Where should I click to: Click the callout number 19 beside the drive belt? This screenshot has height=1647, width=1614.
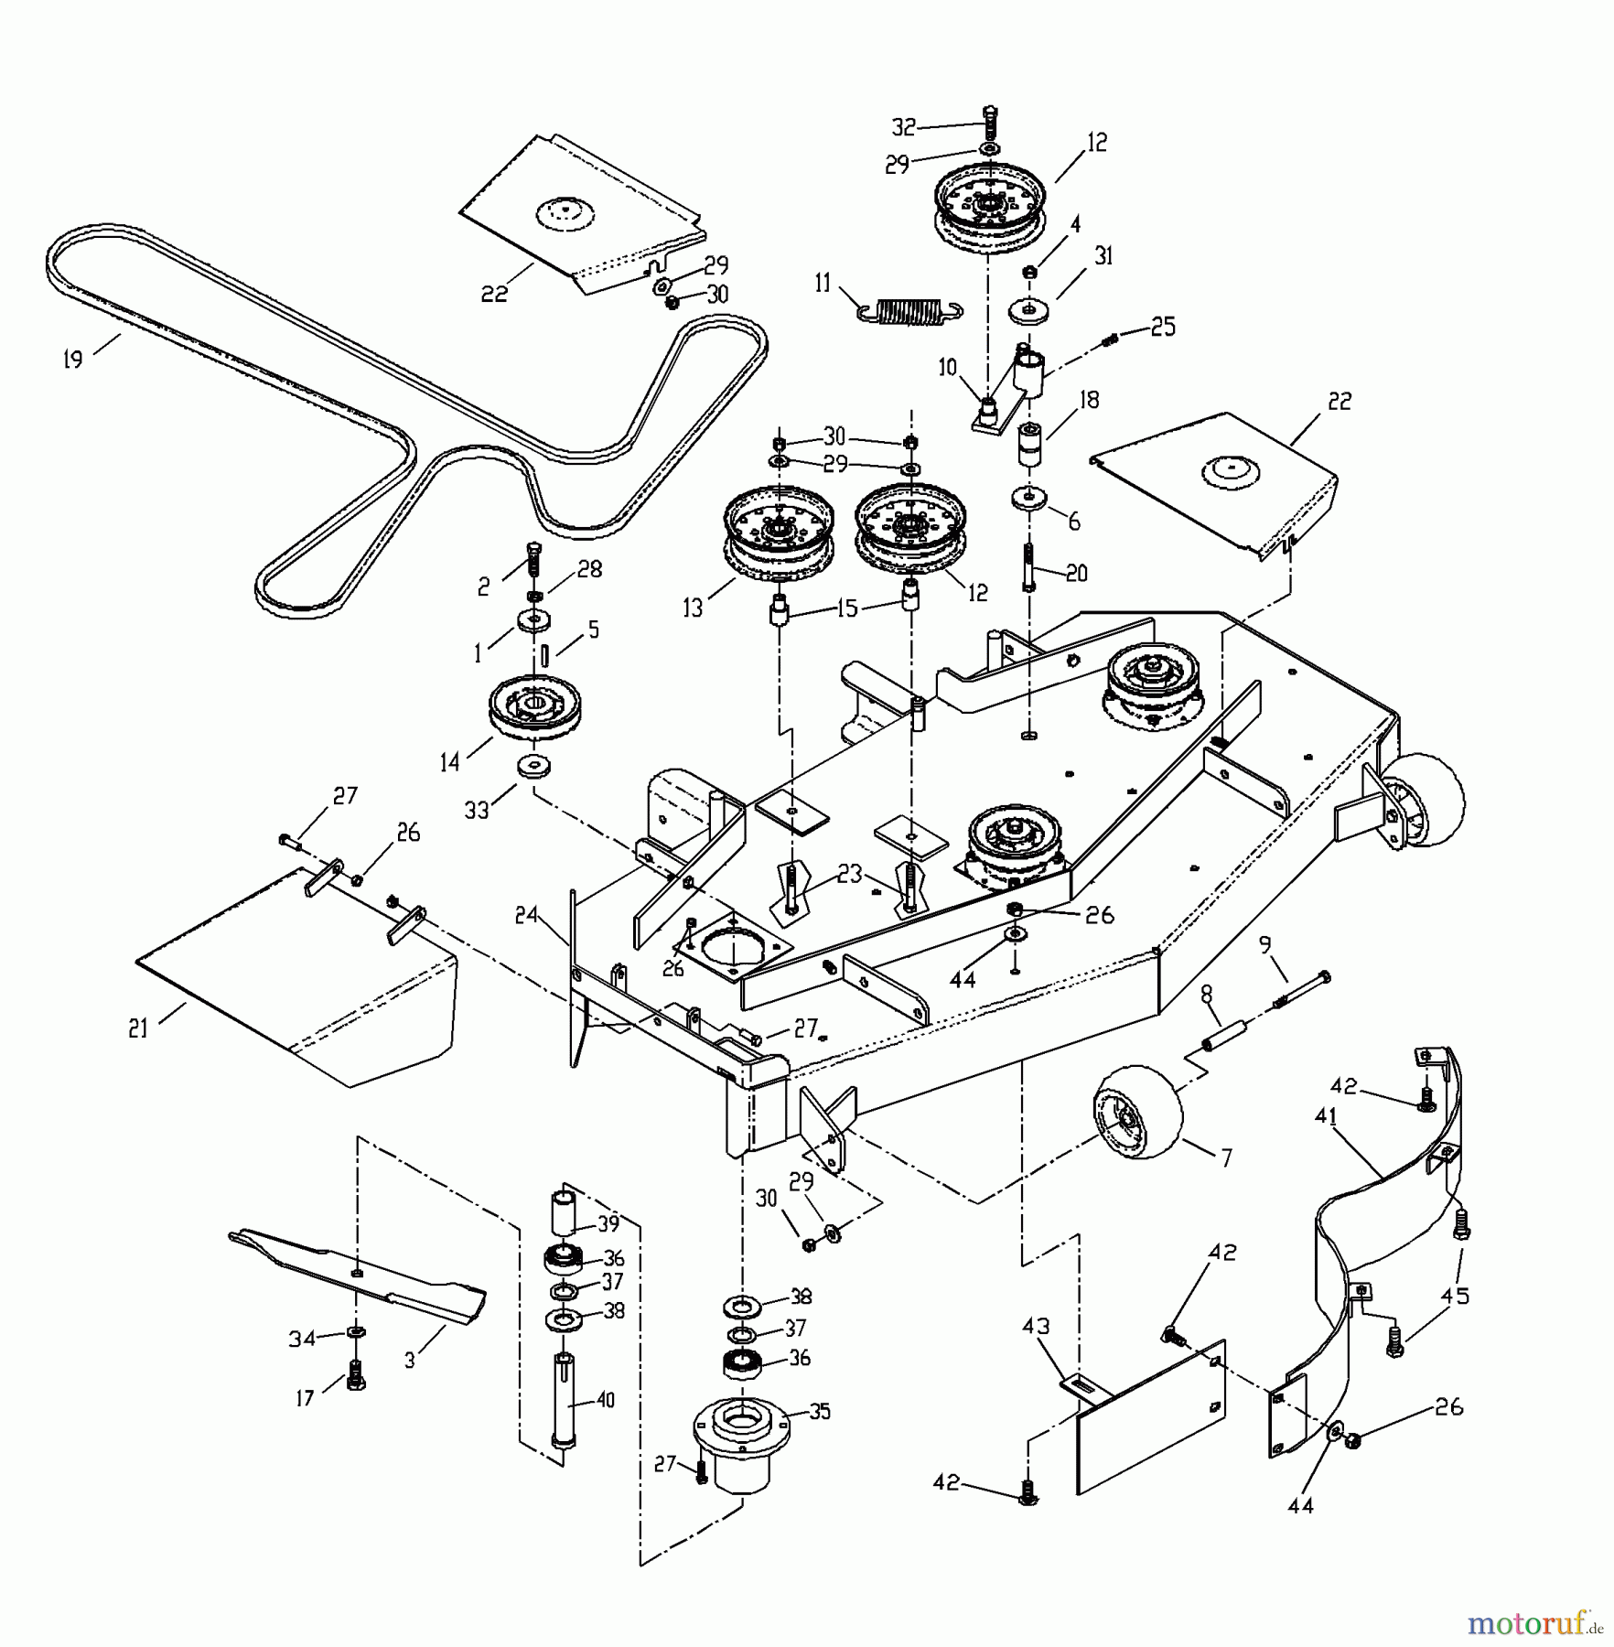72,359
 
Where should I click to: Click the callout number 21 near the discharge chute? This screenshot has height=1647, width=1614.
138,1028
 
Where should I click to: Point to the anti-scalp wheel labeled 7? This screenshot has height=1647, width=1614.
1136,1114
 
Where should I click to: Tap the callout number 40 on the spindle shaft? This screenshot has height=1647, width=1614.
605,1399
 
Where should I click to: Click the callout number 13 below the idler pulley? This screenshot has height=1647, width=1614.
693,608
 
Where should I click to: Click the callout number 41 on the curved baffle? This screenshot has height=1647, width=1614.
1327,1115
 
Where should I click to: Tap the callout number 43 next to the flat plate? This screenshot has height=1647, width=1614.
1037,1326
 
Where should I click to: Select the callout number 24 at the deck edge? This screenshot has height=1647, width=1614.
526,914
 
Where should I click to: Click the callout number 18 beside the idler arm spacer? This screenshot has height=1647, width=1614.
1089,399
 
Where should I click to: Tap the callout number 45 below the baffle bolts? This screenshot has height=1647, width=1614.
1455,1296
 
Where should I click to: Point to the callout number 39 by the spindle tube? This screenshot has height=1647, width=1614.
608,1224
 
